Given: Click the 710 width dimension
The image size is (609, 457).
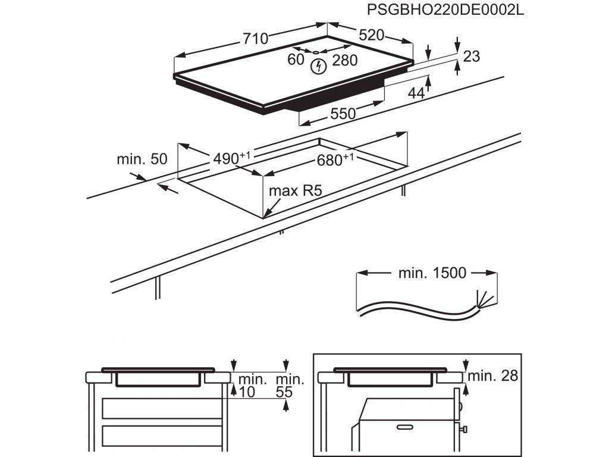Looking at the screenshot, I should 255,39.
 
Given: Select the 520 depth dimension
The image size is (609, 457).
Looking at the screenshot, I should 372,35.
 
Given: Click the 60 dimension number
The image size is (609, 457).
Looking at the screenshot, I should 296,60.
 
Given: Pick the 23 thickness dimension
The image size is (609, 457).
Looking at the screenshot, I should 471,57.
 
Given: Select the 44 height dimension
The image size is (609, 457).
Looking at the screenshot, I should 416,93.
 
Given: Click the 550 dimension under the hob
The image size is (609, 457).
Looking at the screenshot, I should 343,112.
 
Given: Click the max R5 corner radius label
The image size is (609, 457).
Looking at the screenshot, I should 295,191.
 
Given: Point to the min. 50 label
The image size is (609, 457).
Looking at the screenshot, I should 142,159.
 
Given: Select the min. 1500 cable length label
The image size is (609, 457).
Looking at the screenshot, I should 432,273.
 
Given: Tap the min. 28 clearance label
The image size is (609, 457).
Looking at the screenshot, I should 493,375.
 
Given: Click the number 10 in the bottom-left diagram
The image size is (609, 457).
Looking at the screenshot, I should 247,393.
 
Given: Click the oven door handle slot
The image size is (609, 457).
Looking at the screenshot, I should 406,427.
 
